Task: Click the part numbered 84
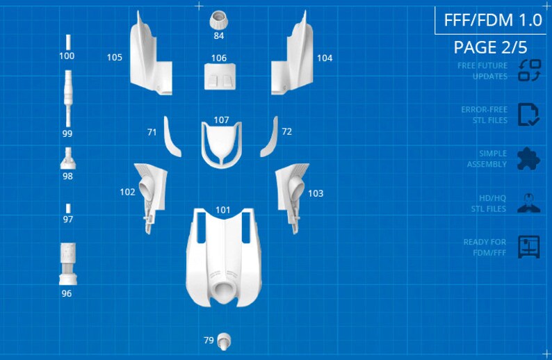coord(218,20)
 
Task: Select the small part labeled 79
coord(224,341)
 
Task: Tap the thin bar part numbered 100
coord(68,42)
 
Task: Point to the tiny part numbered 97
coord(68,208)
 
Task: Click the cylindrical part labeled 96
coord(68,263)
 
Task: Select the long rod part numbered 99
coord(68,98)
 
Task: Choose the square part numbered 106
coord(220,76)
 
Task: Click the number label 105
coord(115,58)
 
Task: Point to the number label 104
coord(325,58)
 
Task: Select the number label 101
coord(222,210)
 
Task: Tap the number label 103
coord(316,193)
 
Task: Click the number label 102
coord(127,192)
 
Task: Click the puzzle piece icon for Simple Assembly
coord(528,158)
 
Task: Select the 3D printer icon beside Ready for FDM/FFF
coord(529,247)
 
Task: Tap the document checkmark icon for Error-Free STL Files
coord(528,115)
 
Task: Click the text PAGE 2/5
coord(490,47)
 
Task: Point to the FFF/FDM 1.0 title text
coord(493,20)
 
